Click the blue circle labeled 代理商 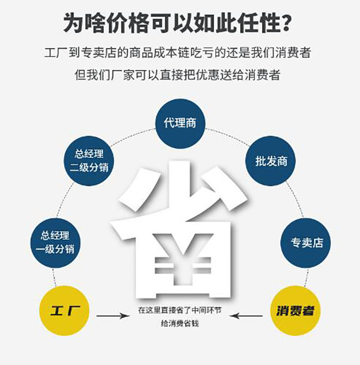pos(180,123)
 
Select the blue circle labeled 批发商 pos(270,161)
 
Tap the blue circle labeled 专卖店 pos(305,243)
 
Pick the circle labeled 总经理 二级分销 pos(89,161)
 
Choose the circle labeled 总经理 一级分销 pos(56,243)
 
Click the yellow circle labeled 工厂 pos(65,311)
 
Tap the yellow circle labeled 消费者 pos(295,311)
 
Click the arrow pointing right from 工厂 pos(112,316)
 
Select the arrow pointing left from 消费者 pos(246,316)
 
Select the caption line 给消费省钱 pos(180,324)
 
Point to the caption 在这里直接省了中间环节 pos(180,310)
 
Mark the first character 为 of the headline pos(74,23)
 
